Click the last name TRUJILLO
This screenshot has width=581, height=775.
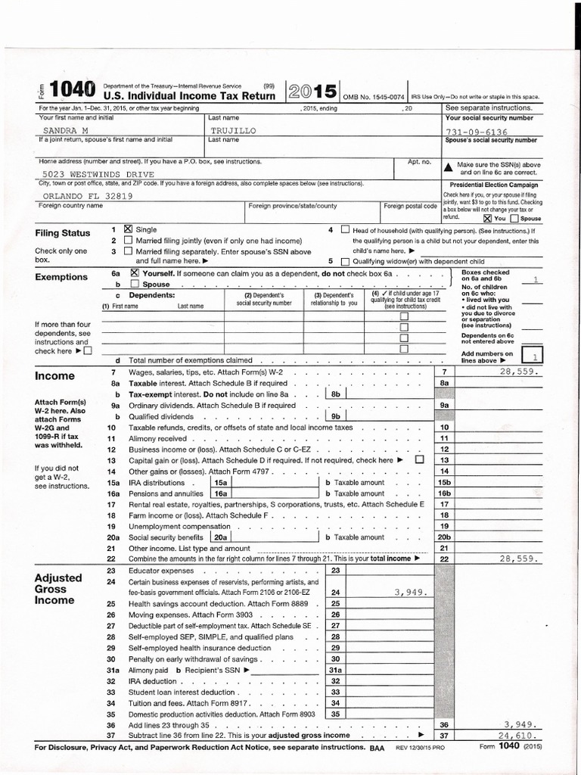[234, 131]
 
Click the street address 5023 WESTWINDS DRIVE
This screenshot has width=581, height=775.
[85, 173]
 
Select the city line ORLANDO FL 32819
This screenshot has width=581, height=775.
[78, 195]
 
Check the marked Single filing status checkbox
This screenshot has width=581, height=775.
[127, 229]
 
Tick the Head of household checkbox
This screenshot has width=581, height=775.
[345, 229]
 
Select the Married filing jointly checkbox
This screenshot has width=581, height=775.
[127, 240]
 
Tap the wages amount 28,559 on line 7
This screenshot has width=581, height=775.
[518, 372]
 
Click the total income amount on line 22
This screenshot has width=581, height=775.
[518, 559]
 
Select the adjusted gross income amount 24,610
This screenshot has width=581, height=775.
[518, 735]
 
